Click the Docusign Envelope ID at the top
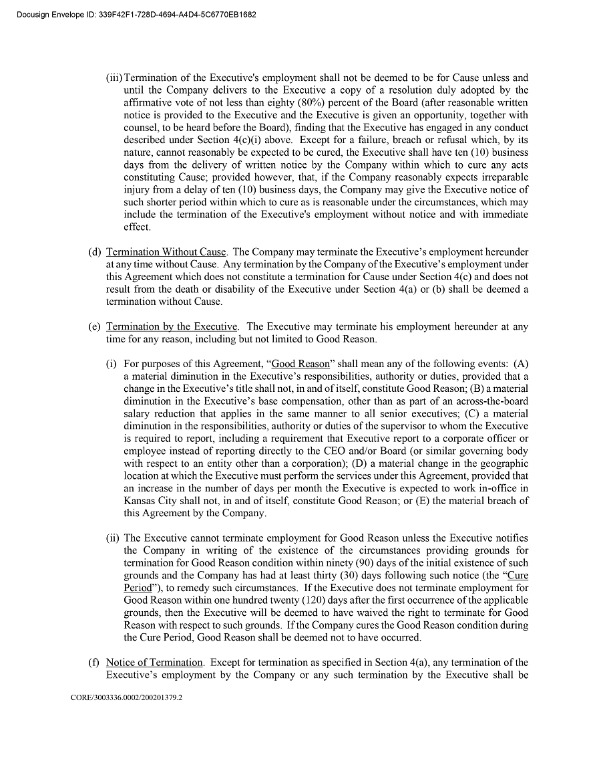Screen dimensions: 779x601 134,13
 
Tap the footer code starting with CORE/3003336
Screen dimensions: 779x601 126,697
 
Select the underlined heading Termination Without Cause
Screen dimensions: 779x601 166,252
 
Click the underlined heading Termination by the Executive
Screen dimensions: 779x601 172,327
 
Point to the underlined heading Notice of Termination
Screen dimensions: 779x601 154,663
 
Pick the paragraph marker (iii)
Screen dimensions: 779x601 114,78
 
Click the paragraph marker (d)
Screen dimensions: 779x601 94,252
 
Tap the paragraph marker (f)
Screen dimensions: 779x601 94,663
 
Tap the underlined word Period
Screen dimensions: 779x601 138,588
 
